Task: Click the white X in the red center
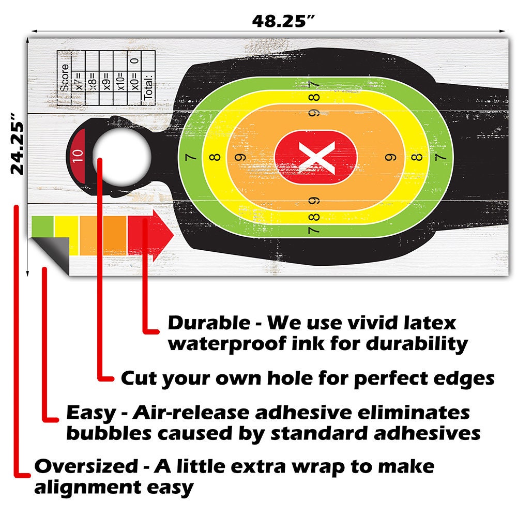[316, 158]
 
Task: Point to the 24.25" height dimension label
[17, 144]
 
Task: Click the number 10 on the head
[78, 156]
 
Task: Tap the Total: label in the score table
[149, 87]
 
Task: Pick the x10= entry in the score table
[121, 82]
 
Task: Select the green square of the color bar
[42, 226]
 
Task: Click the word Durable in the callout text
[209, 323]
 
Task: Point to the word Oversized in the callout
[86, 466]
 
